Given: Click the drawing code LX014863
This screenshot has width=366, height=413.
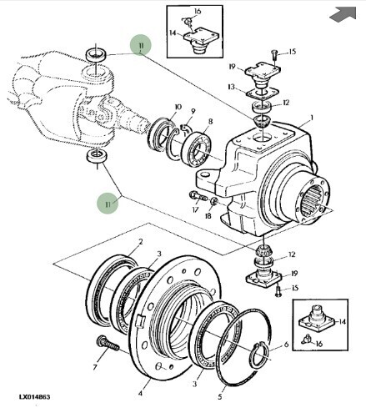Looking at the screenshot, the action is click(35, 397).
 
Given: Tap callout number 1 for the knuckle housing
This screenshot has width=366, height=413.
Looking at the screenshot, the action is click(312, 118).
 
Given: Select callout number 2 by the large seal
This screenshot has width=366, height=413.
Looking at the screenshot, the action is click(141, 242).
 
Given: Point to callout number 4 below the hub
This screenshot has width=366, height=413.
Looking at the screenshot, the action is click(141, 393).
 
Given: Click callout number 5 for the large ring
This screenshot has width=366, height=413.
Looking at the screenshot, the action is click(220, 396).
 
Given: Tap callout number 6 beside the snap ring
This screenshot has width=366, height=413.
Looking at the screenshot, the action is click(287, 345).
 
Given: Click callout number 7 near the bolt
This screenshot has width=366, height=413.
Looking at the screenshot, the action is click(95, 367).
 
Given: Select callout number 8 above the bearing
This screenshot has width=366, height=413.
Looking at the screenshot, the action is click(211, 122).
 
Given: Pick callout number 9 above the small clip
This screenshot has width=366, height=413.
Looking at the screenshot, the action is click(193, 111).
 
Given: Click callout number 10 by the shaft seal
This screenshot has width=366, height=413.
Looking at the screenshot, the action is click(178, 107).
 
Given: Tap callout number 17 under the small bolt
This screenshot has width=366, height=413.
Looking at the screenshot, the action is click(195, 209).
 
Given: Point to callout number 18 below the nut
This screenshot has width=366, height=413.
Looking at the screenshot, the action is click(208, 216).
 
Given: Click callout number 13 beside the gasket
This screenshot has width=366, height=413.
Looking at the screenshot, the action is click(231, 87).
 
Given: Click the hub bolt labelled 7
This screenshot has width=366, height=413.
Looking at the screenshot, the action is click(108, 343).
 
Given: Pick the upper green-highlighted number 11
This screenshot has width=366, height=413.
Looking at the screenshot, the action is click(141, 45).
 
